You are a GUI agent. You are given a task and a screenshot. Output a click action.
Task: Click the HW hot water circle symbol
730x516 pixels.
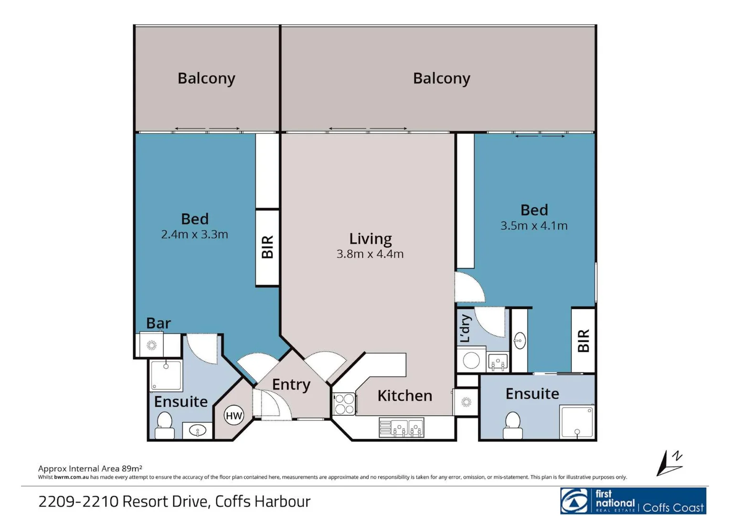[233, 416]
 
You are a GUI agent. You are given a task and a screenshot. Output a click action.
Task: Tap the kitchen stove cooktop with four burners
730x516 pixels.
[344, 404]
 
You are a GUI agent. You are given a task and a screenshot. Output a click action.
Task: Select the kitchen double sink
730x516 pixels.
[402, 428]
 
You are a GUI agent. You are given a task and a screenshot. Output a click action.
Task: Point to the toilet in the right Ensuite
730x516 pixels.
[513, 425]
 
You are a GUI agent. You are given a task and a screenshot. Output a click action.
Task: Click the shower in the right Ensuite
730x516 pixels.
[577, 422]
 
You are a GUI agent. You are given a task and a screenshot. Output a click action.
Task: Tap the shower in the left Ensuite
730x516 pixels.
[166, 376]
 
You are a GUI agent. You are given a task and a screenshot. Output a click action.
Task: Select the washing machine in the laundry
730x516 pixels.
[471, 361]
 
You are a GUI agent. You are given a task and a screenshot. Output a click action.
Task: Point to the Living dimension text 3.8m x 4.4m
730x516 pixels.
[370, 254]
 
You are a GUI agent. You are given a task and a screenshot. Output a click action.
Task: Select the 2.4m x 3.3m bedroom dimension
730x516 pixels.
[194, 235]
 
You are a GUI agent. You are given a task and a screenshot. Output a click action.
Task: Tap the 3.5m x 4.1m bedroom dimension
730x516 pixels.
[534, 226]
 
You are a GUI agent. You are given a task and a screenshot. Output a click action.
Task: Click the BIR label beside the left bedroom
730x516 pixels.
[267, 247]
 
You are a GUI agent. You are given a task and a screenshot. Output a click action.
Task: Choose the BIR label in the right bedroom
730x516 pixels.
[583, 341]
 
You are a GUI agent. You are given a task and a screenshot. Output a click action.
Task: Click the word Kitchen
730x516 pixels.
[404, 396]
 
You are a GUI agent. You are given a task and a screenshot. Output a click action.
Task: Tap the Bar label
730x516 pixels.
[158, 323]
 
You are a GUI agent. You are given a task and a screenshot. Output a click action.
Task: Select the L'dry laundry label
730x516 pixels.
[466, 329]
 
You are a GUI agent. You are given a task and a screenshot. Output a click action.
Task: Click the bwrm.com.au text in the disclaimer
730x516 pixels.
[71, 477]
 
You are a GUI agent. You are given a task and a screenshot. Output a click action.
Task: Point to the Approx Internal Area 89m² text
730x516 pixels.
[90, 468]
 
